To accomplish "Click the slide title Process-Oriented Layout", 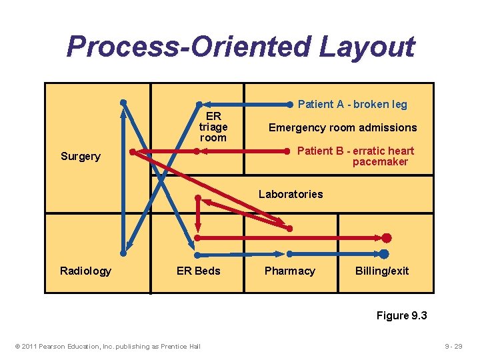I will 240,47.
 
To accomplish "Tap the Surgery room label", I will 80,157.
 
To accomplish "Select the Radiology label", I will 85,271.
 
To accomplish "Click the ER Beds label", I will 198,271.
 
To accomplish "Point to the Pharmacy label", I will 289,271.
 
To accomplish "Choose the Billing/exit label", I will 382,271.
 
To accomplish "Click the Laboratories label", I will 291,194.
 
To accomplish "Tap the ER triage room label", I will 213,127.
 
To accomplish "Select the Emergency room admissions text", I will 343,127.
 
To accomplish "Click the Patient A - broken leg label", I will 353,104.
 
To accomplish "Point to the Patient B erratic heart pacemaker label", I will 355,156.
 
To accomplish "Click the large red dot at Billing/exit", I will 387,237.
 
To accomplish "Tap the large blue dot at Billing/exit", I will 384,253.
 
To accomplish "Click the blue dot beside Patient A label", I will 289,104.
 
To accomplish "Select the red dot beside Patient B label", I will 289,151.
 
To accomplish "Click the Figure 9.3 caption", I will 401,315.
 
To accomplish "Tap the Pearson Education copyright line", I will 107,346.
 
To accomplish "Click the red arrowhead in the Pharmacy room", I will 283,225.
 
